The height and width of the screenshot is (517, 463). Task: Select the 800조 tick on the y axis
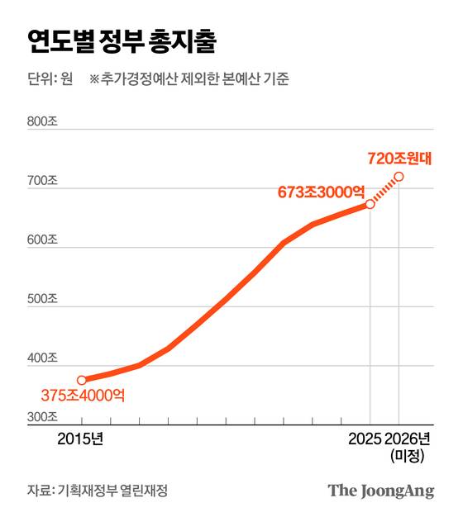(42, 122)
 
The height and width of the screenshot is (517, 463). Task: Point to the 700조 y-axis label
(42, 181)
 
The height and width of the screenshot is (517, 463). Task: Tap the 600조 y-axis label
(42, 240)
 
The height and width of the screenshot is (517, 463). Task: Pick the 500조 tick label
(42, 299)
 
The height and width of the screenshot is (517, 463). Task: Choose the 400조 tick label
(42, 358)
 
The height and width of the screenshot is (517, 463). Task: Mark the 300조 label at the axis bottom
(42, 417)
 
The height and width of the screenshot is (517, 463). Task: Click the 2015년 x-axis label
(81, 439)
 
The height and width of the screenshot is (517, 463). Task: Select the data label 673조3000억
(320, 192)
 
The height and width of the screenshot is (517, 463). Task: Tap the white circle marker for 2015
(81, 380)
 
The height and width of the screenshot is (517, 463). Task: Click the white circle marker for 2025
(370, 204)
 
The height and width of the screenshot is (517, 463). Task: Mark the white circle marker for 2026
(399, 177)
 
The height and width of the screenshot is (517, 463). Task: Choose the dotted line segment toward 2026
(384, 191)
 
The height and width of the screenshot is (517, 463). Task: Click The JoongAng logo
(380, 491)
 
